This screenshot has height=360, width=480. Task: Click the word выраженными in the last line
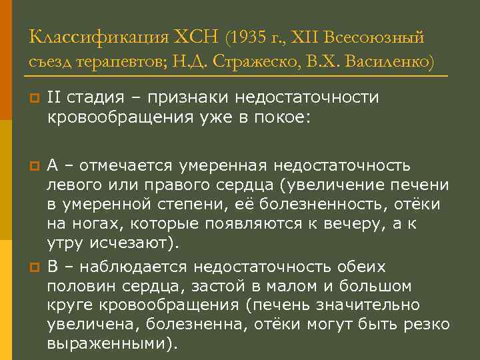tap(109, 344)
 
